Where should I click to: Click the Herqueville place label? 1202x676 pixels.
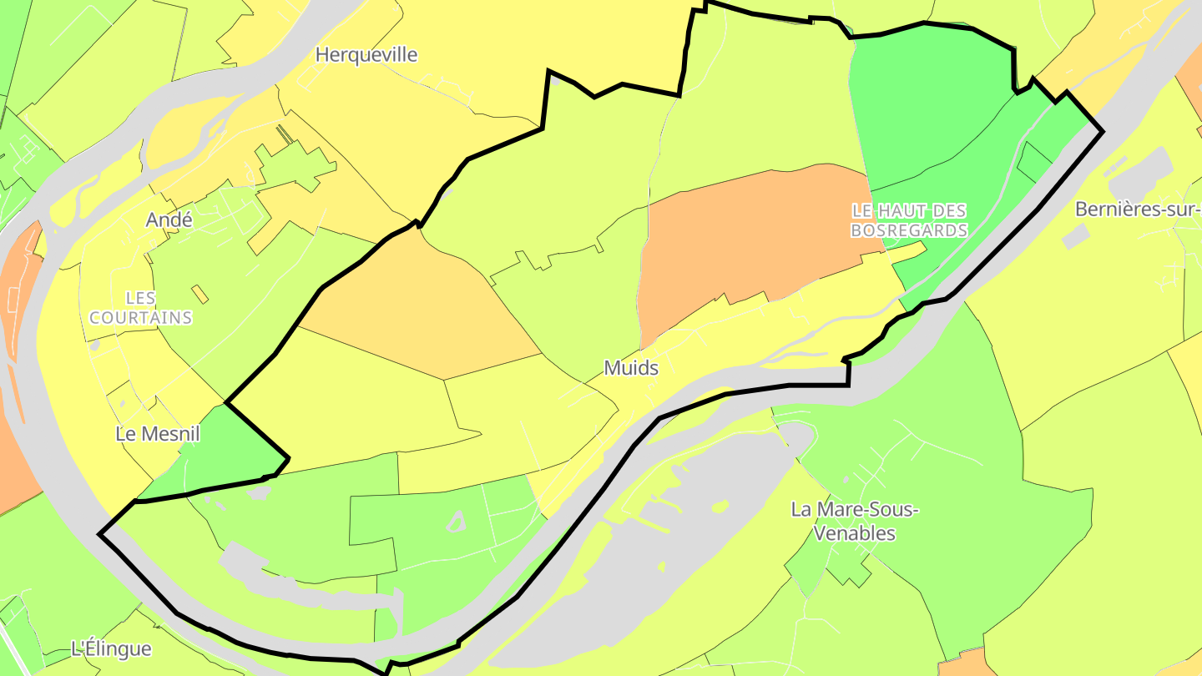pos(366,55)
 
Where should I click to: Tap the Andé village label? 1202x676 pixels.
pos(169,219)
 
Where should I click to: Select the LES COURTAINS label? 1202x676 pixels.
pos(140,308)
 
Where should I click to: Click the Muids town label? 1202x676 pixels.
pos(631,368)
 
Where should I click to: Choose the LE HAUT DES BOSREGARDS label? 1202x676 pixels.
pos(909,220)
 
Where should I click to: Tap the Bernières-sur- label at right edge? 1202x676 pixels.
pos(1138,209)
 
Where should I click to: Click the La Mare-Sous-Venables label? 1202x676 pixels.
pos(854,521)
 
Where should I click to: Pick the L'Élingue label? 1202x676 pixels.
pos(111,648)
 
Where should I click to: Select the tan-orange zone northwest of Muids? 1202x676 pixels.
pos(417,309)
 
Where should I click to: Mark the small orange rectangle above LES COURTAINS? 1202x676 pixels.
pos(200,294)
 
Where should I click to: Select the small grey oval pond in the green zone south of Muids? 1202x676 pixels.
pos(456,522)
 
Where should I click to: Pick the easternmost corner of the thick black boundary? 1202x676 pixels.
pos(1103,131)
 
